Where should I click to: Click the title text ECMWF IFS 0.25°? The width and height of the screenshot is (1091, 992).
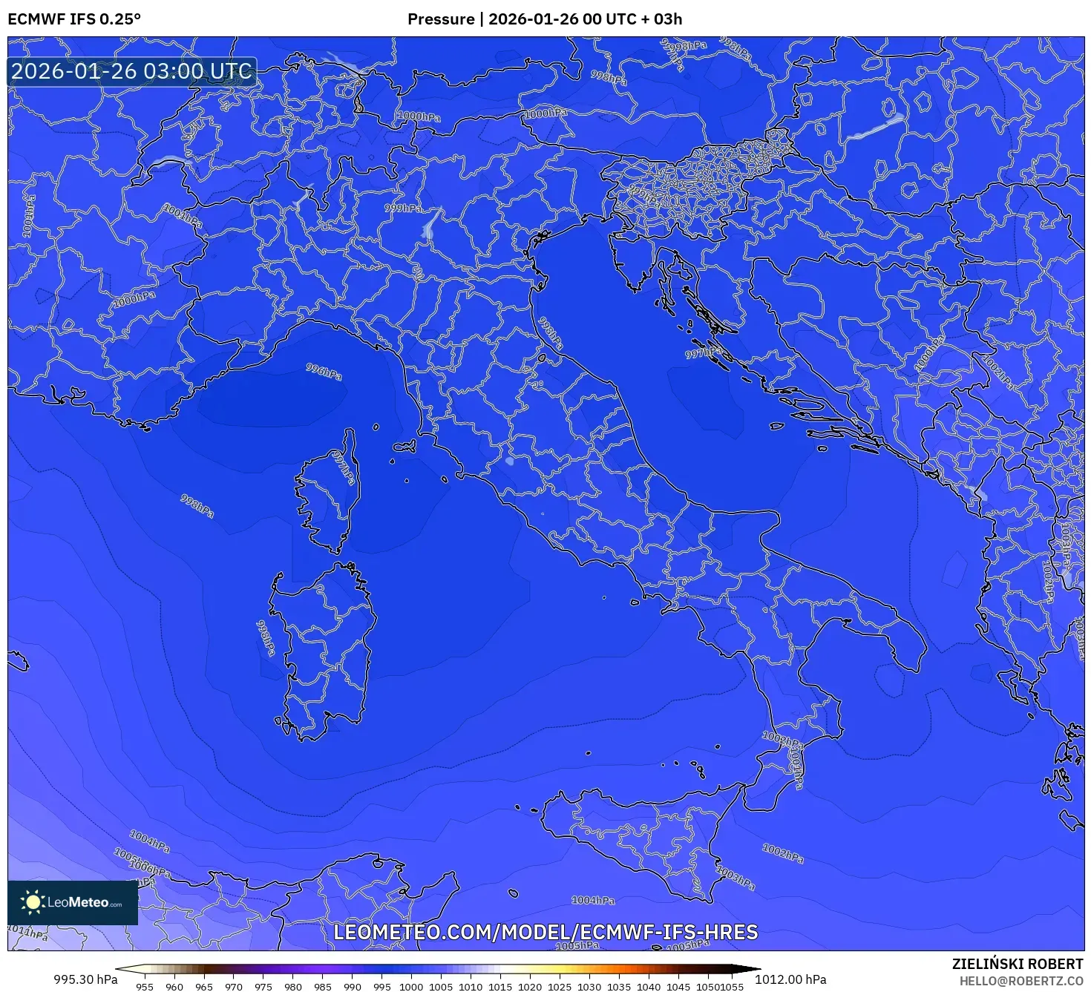tap(74, 19)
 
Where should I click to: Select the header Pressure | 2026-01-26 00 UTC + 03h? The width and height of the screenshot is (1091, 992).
tap(545, 19)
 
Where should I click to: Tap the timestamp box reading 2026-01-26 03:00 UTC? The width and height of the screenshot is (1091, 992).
tap(131, 72)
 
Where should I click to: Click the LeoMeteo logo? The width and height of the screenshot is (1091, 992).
tap(73, 902)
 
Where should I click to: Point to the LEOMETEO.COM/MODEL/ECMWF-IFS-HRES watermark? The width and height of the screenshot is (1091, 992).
tap(545, 932)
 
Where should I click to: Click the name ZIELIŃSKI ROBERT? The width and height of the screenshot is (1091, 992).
tap(1018, 964)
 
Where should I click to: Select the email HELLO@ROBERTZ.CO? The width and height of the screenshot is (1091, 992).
tap(1021, 981)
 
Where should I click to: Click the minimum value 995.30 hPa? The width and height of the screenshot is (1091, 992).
tap(85, 979)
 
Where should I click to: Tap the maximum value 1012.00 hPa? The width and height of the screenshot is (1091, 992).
tap(790, 979)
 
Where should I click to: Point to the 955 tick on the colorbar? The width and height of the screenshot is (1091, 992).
tap(145, 986)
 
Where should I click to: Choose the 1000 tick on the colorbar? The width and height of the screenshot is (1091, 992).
tap(411, 986)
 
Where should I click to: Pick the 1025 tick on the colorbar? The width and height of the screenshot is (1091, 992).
tap(560, 986)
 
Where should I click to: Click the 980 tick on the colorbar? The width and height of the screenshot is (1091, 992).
tap(293, 986)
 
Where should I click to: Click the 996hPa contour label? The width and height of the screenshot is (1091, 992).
tap(324, 372)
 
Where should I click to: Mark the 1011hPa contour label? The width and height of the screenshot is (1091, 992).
tap(28, 932)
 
